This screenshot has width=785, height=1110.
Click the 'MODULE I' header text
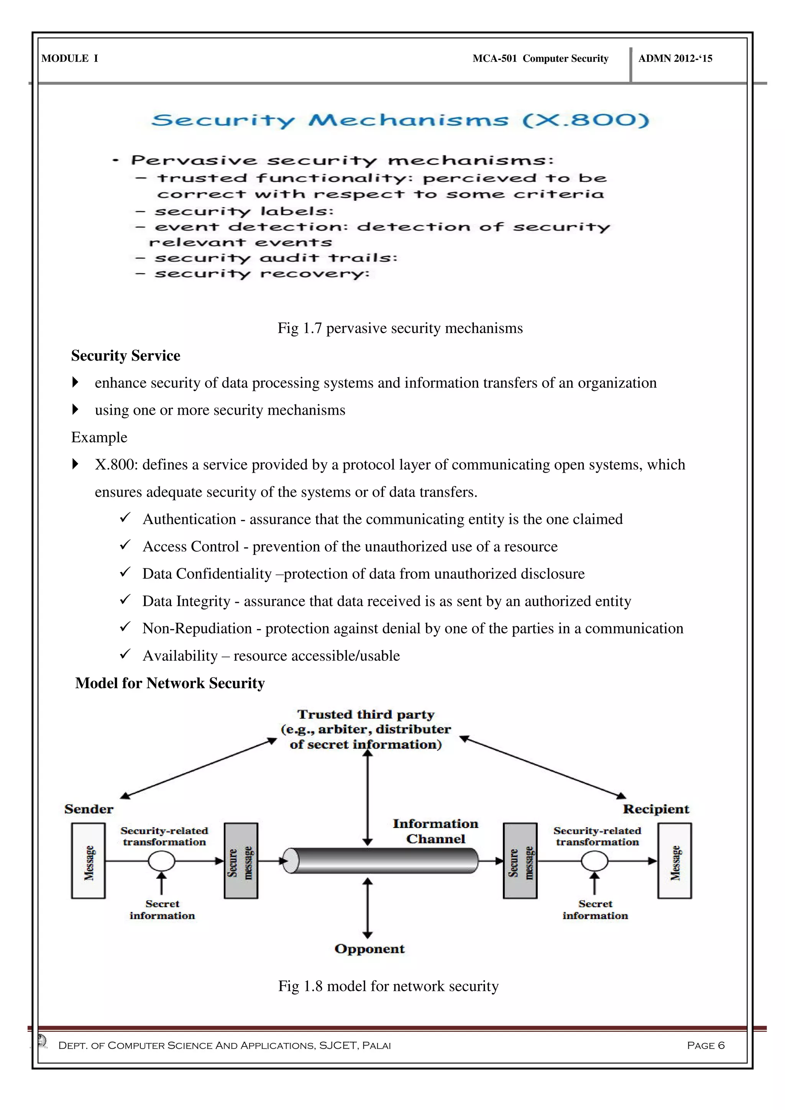[x=70, y=59]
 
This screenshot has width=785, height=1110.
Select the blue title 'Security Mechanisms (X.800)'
[x=400, y=120]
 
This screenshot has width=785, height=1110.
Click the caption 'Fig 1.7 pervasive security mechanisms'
[x=400, y=328]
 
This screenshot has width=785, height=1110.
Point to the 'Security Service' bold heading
[x=126, y=356]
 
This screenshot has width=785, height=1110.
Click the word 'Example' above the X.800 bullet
[x=99, y=437]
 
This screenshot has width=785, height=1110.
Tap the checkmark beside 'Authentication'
[x=125, y=518]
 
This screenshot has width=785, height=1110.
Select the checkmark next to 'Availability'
[x=125, y=654]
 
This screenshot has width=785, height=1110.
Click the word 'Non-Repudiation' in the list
[x=197, y=629]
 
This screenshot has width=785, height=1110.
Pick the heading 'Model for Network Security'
[x=170, y=683]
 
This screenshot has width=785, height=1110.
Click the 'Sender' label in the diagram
[x=89, y=809]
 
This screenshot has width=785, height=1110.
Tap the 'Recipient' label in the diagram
[x=655, y=809]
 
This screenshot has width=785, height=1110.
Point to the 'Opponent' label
[x=369, y=949]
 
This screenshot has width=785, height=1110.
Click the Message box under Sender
[x=89, y=861]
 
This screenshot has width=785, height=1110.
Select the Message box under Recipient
[x=674, y=861]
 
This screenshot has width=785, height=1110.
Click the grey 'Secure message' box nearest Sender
[x=241, y=861]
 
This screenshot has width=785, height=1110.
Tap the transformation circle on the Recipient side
[x=594, y=861]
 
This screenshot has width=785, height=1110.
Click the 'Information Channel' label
[x=435, y=831]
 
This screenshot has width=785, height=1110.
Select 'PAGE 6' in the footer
[x=706, y=1046]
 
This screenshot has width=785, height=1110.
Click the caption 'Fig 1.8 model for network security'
[x=388, y=986]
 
